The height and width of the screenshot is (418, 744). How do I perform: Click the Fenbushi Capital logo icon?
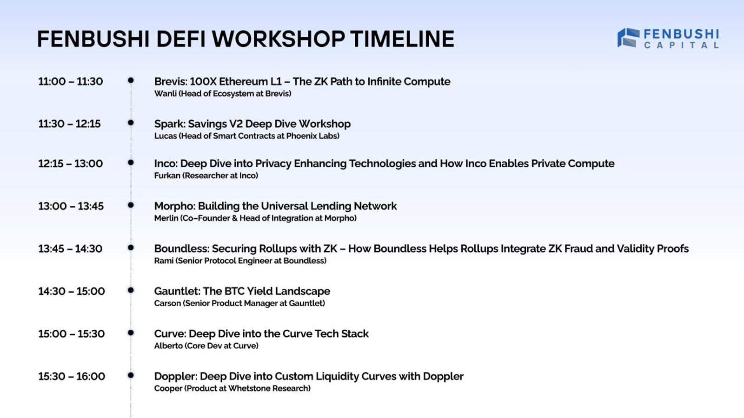point(628,38)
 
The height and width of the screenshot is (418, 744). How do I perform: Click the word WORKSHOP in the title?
point(279,39)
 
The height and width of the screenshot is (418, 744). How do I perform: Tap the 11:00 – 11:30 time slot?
point(70,82)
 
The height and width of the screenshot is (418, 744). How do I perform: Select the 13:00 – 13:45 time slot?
point(71,206)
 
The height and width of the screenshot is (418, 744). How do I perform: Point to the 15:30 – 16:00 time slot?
point(72,377)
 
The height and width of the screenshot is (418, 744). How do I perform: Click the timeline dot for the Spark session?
point(131,123)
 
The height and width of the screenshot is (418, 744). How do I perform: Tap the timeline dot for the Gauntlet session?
point(131,290)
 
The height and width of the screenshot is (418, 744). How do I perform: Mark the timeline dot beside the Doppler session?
point(131,375)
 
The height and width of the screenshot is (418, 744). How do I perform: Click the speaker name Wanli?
point(166,93)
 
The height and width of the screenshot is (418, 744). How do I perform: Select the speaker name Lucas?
point(166,136)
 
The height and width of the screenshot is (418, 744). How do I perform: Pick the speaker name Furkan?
point(167,176)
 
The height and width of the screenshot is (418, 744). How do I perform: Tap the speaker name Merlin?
point(166,218)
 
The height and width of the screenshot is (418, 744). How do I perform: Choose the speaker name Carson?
point(167,303)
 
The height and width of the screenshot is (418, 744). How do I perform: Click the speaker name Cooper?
point(168,388)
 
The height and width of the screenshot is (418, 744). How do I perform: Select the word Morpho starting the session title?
point(175,206)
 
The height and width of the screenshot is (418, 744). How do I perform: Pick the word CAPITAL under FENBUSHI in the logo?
point(682,45)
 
